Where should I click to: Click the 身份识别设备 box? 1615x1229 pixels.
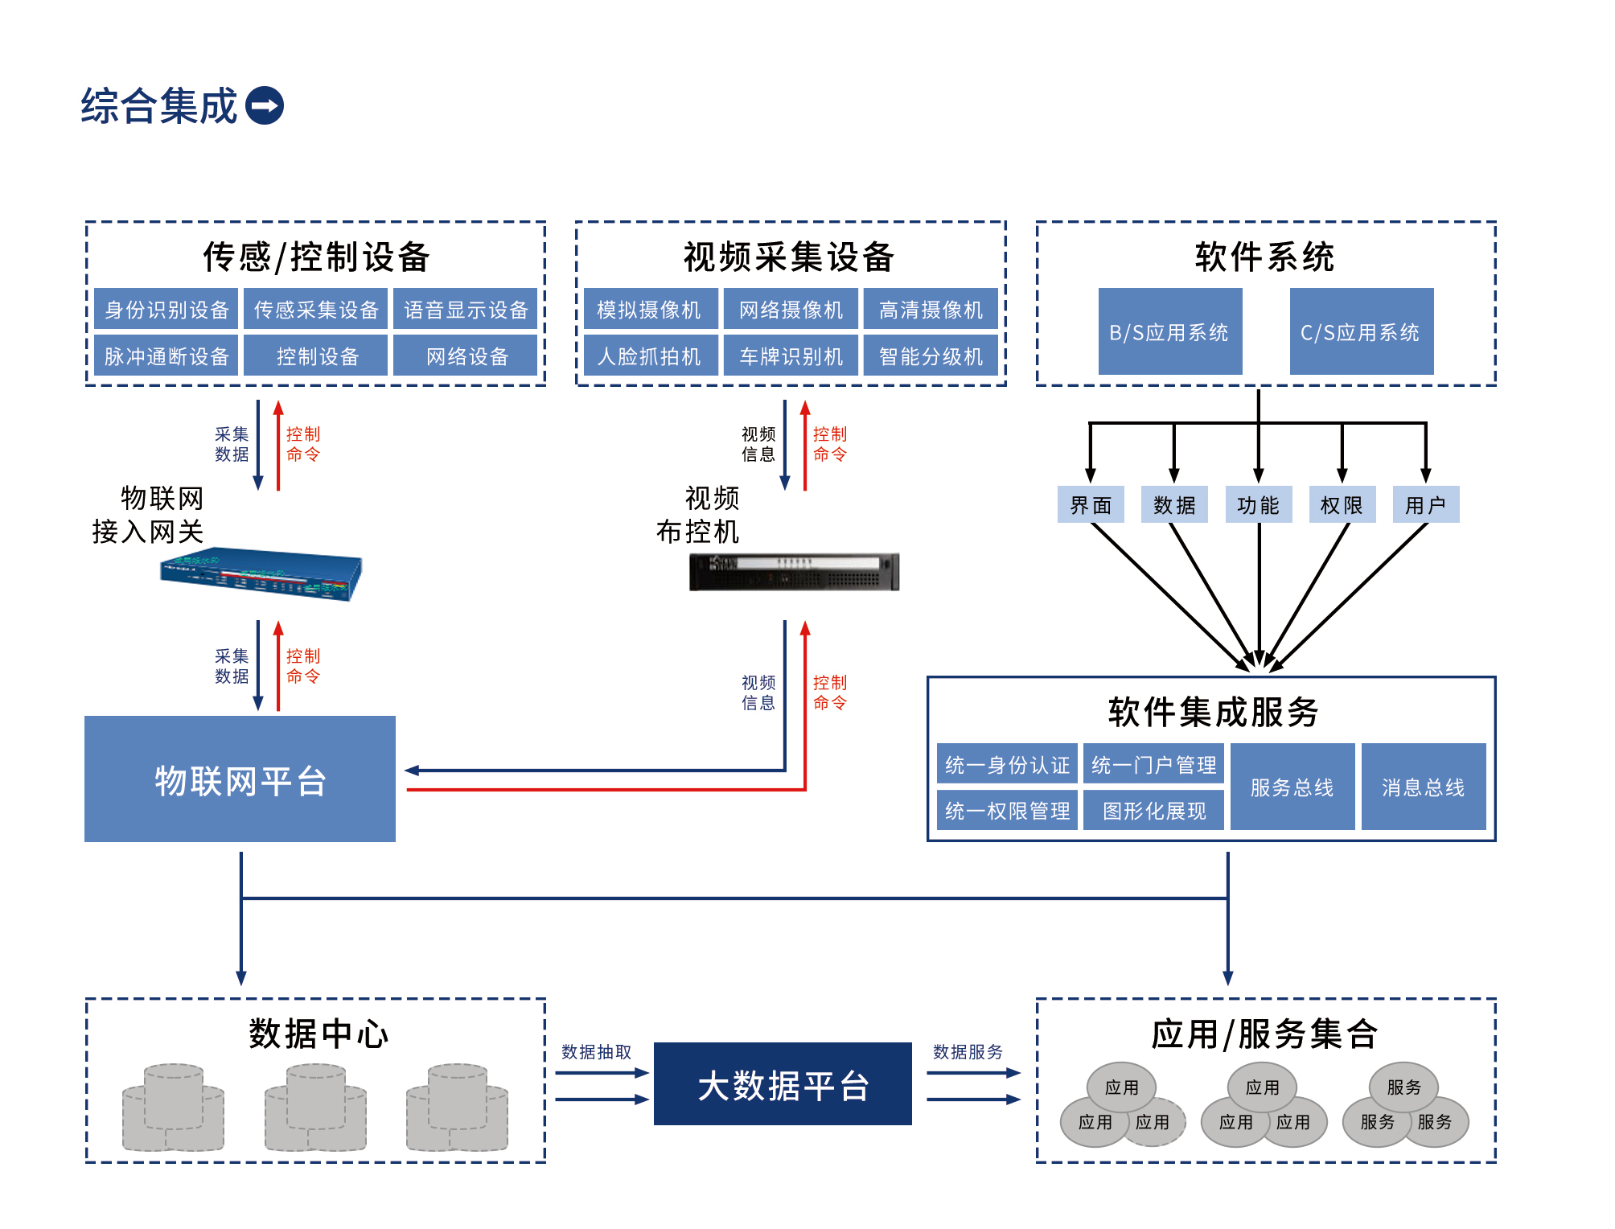click(x=166, y=310)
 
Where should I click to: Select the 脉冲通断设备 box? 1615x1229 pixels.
click(x=166, y=356)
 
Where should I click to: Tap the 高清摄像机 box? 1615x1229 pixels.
click(x=931, y=310)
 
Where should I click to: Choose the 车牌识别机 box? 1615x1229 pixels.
click(x=791, y=356)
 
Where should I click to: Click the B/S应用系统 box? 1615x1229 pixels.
click(x=1169, y=332)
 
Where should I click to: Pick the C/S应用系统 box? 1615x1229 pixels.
click(x=1361, y=332)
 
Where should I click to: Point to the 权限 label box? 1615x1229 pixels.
click(x=1342, y=505)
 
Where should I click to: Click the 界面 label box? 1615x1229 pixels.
click(x=1091, y=505)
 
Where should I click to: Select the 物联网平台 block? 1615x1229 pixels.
click(x=240, y=779)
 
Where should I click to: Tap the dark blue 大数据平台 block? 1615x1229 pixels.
click(x=783, y=1084)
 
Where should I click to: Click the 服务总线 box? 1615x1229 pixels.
click(x=1292, y=787)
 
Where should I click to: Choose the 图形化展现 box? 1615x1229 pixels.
click(x=1153, y=810)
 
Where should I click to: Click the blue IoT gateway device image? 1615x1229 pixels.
click(x=261, y=574)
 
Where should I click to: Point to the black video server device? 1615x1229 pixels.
click(x=794, y=572)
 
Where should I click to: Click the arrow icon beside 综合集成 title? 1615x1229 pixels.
click(x=265, y=105)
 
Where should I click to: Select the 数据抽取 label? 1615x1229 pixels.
click(x=596, y=1052)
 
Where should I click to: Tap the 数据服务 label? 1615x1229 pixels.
click(x=968, y=1052)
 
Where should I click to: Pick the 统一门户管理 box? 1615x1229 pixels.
click(x=1153, y=764)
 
